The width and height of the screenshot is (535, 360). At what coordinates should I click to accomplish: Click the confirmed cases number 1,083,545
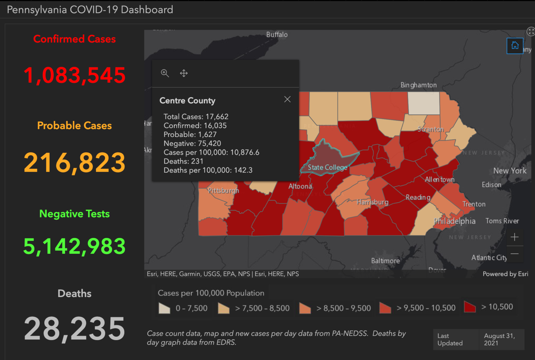tap(75, 75)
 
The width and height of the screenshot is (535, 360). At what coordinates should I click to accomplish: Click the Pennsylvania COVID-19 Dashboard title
tap(90, 10)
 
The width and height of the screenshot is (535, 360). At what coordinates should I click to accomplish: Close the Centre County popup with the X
tap(287, 99)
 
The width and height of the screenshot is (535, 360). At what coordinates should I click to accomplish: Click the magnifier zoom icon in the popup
tap(165, 73)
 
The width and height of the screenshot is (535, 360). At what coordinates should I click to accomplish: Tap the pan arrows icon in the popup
tap(184, 73)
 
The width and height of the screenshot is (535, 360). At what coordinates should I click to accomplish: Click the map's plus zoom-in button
tap(514, 237)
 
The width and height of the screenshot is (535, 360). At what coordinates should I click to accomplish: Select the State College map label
tap(327, 167)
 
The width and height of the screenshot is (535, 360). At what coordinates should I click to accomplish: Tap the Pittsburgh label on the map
tap(223, 190)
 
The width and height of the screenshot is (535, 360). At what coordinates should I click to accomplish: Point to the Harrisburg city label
tap(372, 202)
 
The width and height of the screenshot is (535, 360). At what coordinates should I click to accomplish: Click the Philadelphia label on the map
tap(454, 221)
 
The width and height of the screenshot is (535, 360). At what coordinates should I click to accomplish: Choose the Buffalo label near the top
tap(277, 35)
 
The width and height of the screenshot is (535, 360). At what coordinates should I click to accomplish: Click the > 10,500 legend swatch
tap(470, 307)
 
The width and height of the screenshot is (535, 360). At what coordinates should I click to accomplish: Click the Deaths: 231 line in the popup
tap(183, 161)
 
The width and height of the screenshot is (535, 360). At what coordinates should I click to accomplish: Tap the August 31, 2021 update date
tap(499, 339)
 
